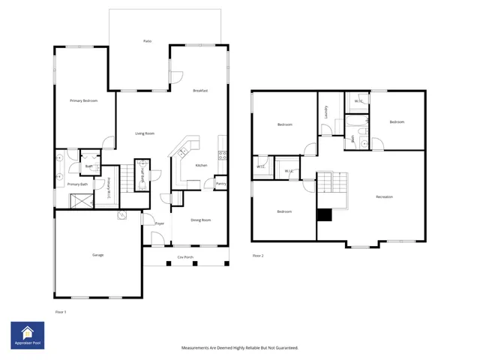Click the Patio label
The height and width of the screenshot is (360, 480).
(x=148, y=40)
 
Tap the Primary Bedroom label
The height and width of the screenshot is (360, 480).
(x=84, y=100)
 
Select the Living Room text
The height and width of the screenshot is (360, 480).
(x=145, y=133)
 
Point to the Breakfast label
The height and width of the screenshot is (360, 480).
(x=200, y=91)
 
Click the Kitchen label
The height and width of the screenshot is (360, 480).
(x=201, y=166)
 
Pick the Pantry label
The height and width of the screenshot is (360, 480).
(x=220, y=183)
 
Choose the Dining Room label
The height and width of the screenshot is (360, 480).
(x=200, y=220)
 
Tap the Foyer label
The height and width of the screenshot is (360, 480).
(x=160, y=223)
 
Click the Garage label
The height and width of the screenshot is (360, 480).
(x=97, y=255)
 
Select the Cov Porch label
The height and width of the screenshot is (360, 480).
(x=185, y=257)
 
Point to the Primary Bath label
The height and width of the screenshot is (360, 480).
(x=78, y=184)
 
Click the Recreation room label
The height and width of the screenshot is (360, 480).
(x=385, y=197)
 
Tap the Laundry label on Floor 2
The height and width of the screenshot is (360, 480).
(x=326, y=112)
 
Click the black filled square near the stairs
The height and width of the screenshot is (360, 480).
(x=324, y=215)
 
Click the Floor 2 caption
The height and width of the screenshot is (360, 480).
(x=258, y=256)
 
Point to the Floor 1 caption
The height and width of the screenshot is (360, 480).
(x=61, y=310)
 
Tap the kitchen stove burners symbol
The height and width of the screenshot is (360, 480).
(x=222, y=155)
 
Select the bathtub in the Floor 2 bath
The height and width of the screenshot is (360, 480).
(x=355, y=121)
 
